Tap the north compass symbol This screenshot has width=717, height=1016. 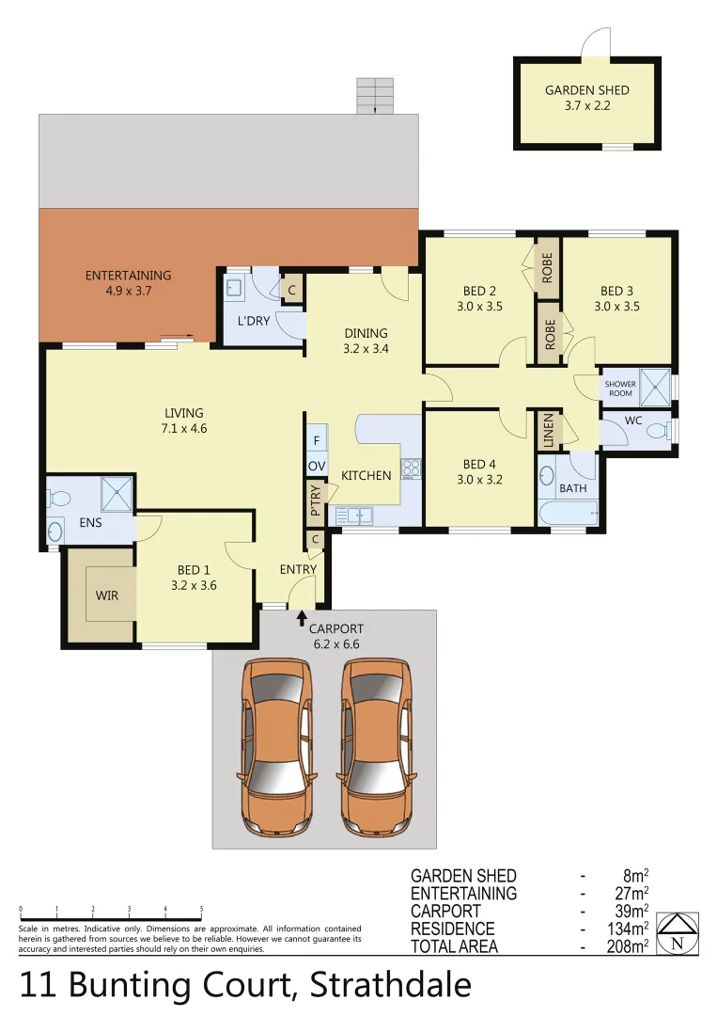(677, 933)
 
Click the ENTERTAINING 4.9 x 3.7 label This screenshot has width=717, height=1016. (128, 283)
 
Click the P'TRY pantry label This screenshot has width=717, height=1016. (315, 500)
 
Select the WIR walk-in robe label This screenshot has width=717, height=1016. (106, 595)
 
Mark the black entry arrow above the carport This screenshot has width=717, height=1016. (302, 617)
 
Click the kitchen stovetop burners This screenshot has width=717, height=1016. (411, 467)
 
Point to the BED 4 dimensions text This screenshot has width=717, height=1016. (479, 478)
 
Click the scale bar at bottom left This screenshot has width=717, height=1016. (111, 919)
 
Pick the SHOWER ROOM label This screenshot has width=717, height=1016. (620, 389)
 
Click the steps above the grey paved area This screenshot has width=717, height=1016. (374, 95)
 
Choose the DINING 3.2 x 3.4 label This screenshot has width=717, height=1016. (366, 341)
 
